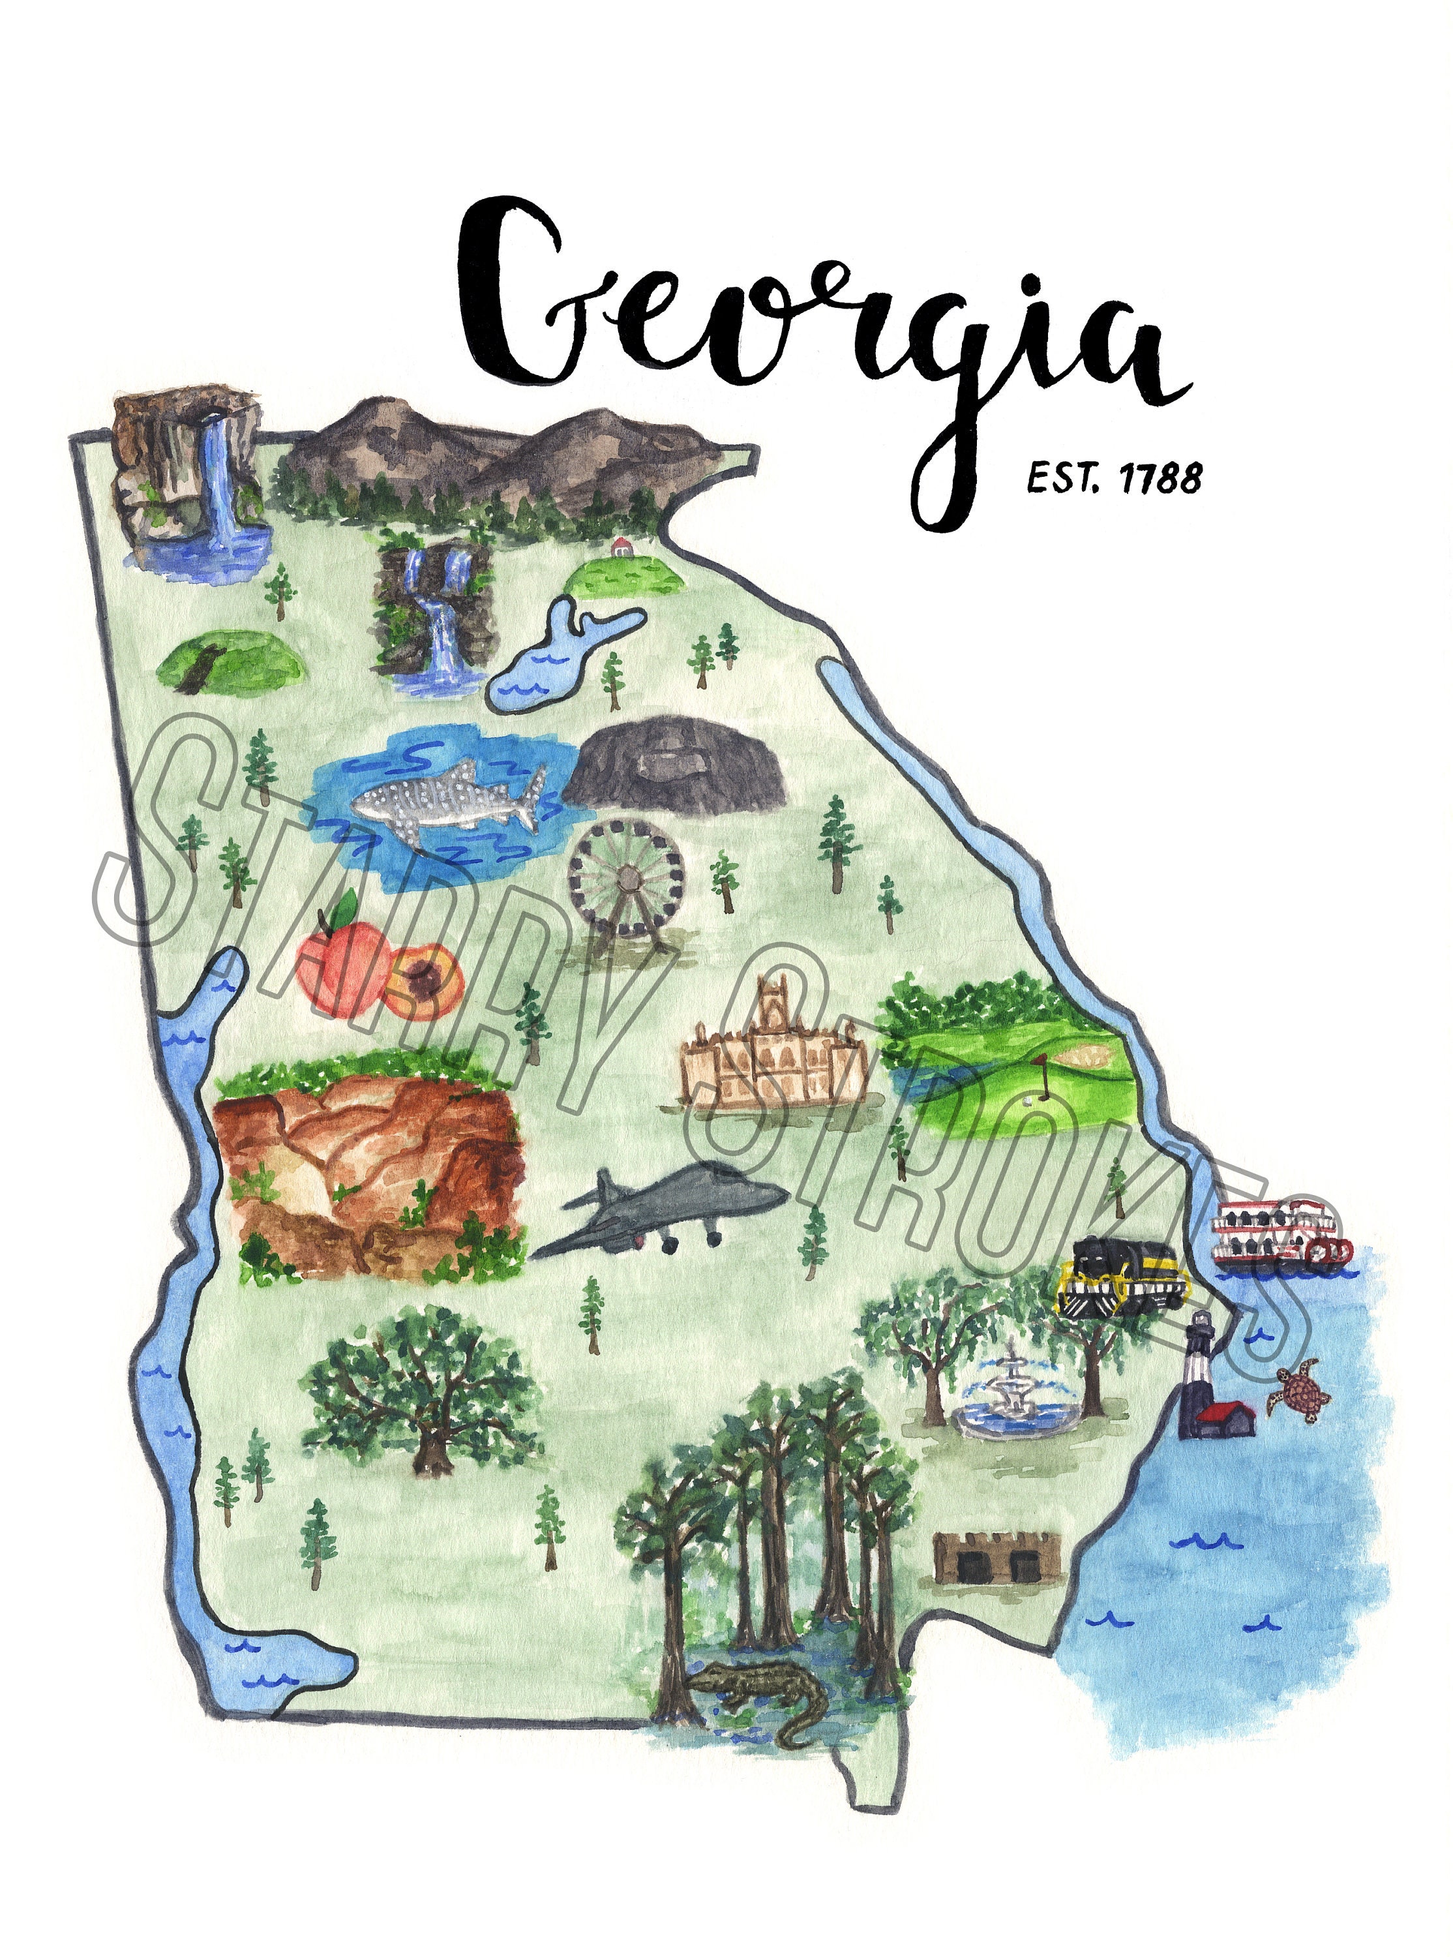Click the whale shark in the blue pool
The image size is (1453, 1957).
pos(444,800)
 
